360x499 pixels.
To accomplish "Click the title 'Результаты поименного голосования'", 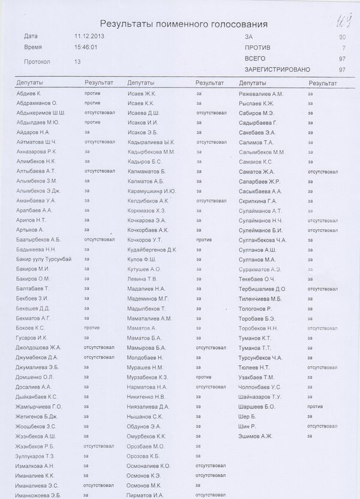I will pyautogui.click(x=184, y=24).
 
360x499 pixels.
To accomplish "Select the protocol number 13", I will pyautogui.click(x=77, y=61).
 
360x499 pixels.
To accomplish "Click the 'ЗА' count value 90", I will pyautogui.click(x=342, y=37).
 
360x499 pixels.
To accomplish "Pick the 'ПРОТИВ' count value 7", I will pyautogui.click(x=344, y=47).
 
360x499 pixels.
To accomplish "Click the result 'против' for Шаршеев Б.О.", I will pyautogui.click(x=315, y=406).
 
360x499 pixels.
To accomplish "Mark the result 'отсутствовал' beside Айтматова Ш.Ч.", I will pyautogui.click(x=99, y=142).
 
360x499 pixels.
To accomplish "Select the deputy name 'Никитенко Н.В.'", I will pyautogui.click(x=147, y=396).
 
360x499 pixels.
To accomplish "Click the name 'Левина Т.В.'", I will pyautogui.click(x=142, y=278).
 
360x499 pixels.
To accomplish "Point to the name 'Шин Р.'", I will pyautogui.click(x=247, y=425).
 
